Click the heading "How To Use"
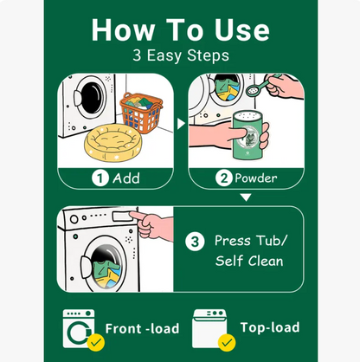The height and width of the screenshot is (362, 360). pos(180,29)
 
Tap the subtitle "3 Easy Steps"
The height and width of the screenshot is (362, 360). pos(180,55)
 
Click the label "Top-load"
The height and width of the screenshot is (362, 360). pos(269,327)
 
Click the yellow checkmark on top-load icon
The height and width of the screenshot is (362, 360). pos(227,344)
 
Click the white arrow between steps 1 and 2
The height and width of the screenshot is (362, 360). pos(181,124)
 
